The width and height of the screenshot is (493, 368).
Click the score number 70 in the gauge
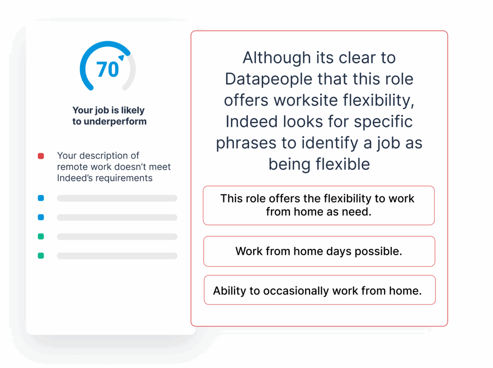(107, 70)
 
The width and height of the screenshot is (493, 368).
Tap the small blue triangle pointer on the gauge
(122, 58)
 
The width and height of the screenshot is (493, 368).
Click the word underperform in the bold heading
(115, 122)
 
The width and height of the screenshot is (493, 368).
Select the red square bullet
(41, 156)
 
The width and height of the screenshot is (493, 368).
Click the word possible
(378, 252)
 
